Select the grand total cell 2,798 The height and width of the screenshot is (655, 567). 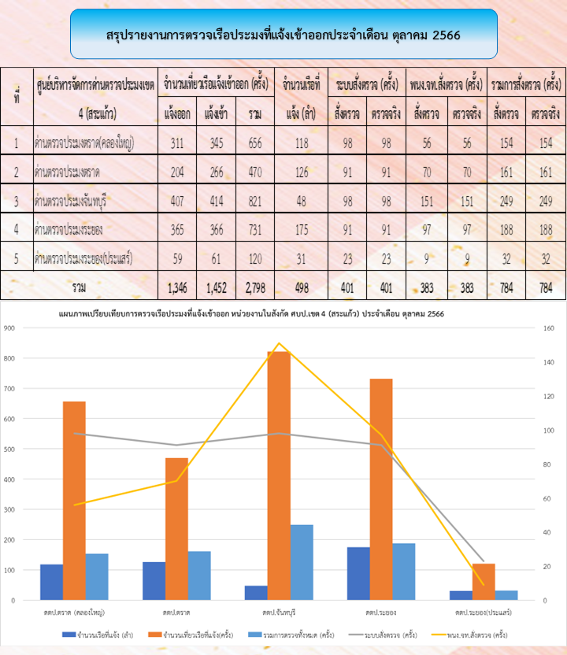coord(254,287)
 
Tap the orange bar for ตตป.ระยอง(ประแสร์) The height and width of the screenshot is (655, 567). coord(484,581)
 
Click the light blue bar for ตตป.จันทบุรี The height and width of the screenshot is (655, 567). coord(302,562)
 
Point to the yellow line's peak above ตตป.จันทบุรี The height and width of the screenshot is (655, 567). coord(279,343)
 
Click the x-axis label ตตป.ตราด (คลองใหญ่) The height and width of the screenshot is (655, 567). coord(75,611)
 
